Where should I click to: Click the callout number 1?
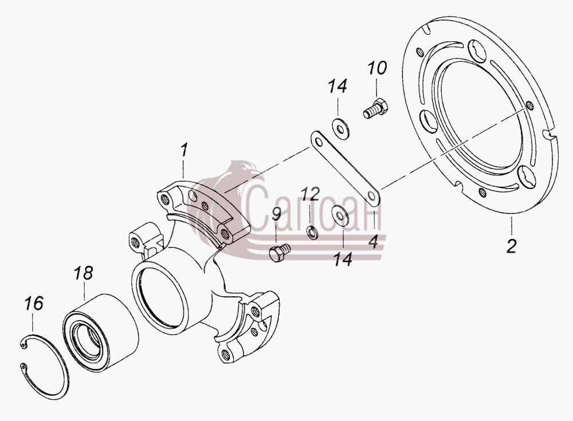point(184,150)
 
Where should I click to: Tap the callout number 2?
point(511,246)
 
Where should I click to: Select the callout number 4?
point(373,242)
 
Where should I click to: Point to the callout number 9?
point(276,214)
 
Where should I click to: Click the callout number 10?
point(377,68)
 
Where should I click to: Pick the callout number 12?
point(311,194)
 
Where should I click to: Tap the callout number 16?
point(34,304)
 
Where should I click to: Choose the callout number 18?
point(83,273)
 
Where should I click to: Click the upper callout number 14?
point(337,86)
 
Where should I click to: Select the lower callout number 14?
point(343,259)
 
